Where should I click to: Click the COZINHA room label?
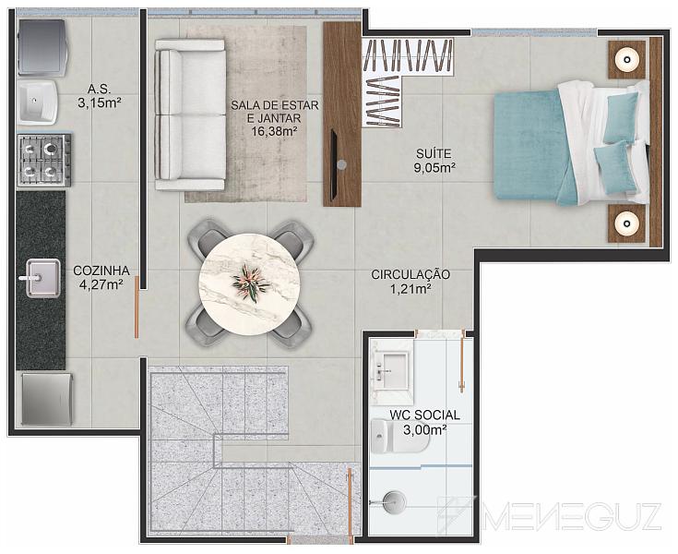coord(101,271)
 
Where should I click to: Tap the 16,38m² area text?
coord(274,131)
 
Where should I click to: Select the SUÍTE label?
coord(434,153)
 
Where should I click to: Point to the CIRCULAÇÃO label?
coord(410,274)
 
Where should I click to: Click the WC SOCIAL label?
coord(424,415)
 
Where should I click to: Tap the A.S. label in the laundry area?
coord(99,90)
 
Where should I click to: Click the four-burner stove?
coord(43,160)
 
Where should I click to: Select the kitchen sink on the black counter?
coord(42,278)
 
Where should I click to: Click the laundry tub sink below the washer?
coord(37,102)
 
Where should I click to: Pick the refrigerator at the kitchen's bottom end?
coord(47,399)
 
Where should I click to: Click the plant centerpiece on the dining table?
coord(251,283)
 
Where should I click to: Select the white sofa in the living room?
coord(190,114)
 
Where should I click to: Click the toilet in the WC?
coord(400,436)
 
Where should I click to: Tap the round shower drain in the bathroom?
coord(394,502)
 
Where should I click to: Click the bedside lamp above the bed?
coord(627,59)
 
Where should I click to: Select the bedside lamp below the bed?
coord(627,223)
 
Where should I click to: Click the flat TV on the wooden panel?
coord(334,164)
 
